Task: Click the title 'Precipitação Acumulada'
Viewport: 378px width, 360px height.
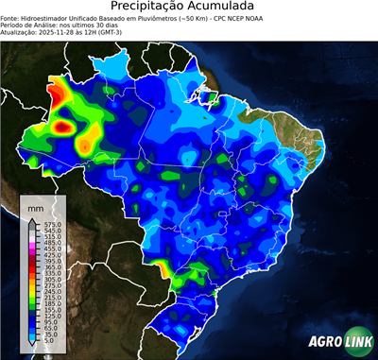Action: (x=188, y=9)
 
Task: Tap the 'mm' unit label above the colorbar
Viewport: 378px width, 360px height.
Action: (x=35, y=207)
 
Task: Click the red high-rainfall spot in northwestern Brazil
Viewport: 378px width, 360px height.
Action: (x=64, y=124)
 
